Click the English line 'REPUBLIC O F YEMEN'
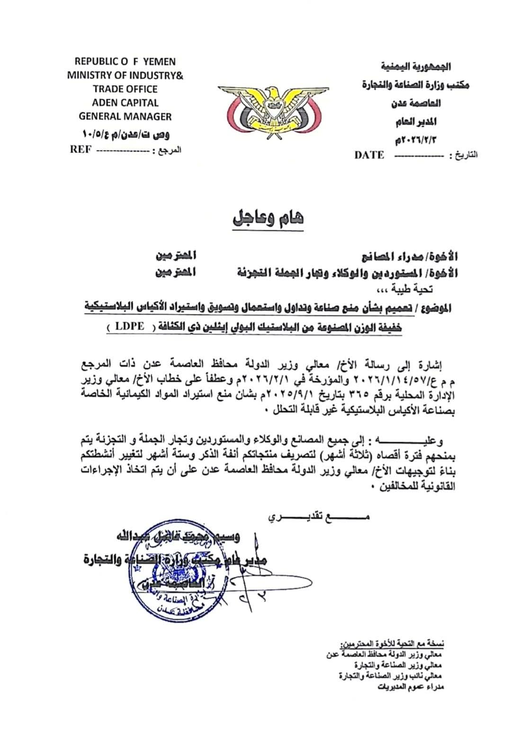pos(125,62)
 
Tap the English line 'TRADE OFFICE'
pos(125,89)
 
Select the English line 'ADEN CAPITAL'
pos(125,103)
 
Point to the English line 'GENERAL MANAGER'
pos(125,116)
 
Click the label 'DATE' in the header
pos(369,155)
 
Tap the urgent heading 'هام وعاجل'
pos(268,219)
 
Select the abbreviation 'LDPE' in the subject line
pos(129,327)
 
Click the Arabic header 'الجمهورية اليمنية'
pos(415,67)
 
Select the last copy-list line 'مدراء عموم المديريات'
pos(411,687)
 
